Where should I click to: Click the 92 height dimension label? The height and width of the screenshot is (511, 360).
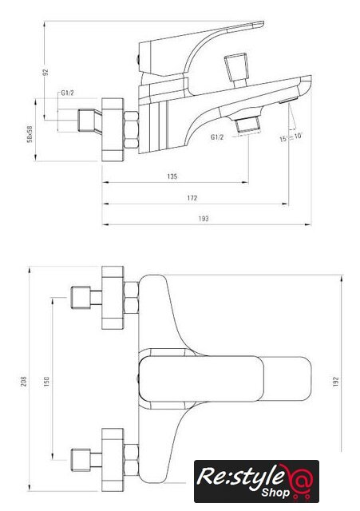(45, 72)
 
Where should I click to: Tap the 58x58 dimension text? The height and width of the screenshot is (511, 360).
(30, 134)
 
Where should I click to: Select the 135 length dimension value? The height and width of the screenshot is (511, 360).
(172, 176)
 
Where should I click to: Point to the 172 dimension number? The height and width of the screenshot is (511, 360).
(192, 198)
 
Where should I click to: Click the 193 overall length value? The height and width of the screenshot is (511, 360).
(204, 219)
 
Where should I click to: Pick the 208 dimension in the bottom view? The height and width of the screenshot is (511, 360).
(24, 381)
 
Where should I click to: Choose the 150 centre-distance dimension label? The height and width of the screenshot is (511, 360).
(46, 381)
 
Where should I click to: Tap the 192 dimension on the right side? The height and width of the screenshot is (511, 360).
(336, 382)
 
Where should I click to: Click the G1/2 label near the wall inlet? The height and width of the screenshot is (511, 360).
(67, 93)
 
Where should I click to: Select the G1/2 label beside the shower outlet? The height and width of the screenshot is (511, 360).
(217, 137)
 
